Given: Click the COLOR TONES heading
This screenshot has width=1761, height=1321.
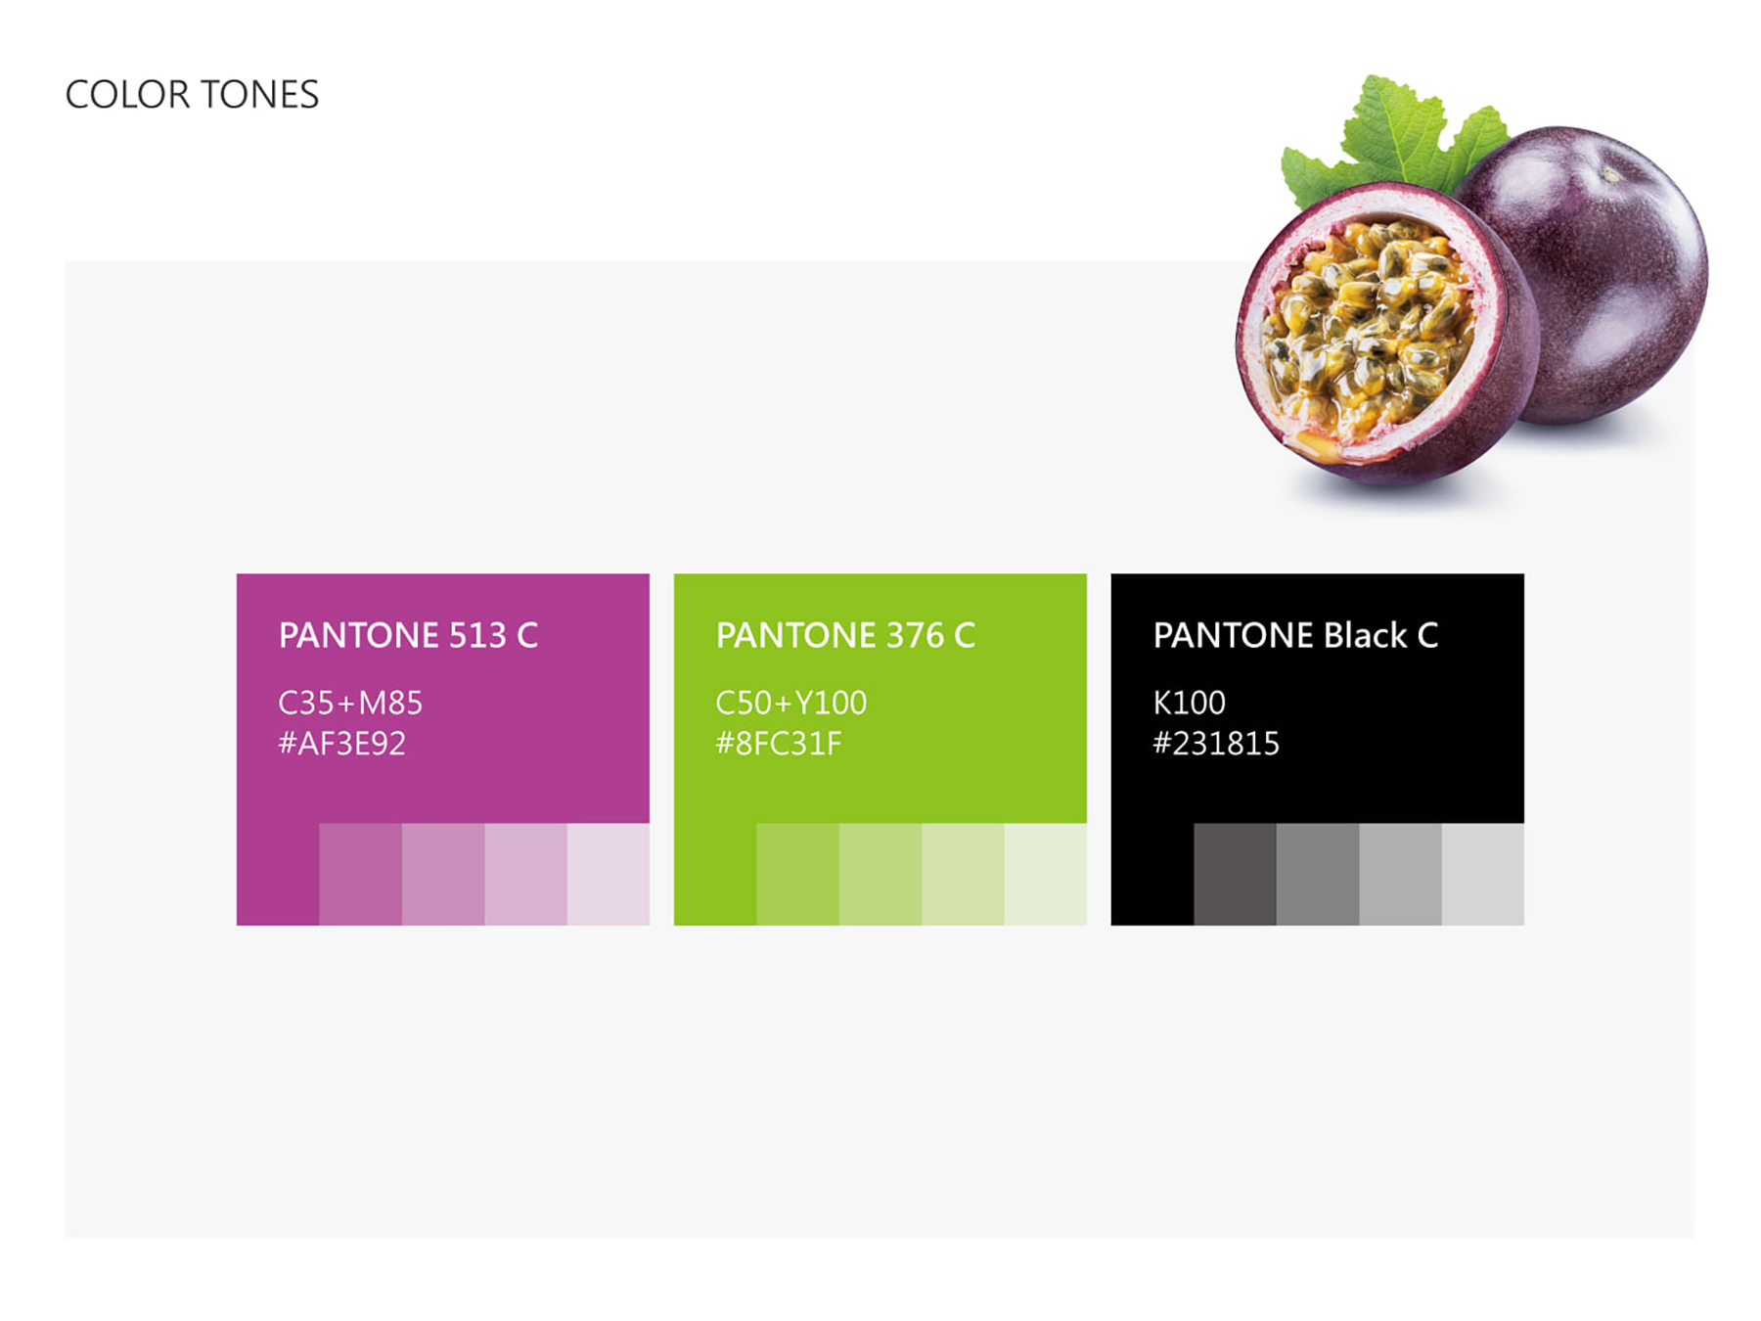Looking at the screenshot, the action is (192, 95).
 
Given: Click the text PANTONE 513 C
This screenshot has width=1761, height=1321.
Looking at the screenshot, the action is (408, 635).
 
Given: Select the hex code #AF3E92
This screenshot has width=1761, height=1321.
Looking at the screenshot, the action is (341, 744).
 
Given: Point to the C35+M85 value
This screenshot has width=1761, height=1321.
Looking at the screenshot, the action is (350, 703).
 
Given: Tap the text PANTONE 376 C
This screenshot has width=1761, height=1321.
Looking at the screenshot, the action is (845, 635).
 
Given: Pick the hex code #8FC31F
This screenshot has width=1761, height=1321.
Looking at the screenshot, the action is (778, 744).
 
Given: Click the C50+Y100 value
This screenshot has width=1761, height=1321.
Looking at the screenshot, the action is (790, 703).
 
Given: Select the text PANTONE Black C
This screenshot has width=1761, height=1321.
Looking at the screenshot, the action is (1295, 635).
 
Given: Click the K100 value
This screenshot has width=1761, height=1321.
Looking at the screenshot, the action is (1189, 703).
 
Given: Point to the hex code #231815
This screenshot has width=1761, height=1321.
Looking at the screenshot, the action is (1216, 744).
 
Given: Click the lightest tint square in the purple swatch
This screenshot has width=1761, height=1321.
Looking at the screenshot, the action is (609, 874).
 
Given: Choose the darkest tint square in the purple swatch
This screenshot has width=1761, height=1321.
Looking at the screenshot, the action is (360, 874).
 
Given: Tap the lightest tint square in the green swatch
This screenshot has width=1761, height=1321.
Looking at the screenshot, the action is (1045, 874).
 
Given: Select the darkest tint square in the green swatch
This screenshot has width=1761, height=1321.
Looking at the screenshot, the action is (797, 874).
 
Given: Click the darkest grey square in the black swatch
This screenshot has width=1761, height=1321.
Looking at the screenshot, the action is (1235, 874).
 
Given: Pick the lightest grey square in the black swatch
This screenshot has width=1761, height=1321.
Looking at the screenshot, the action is (1482, 874).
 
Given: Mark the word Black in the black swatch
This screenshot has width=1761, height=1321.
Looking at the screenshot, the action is (1365, 635).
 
